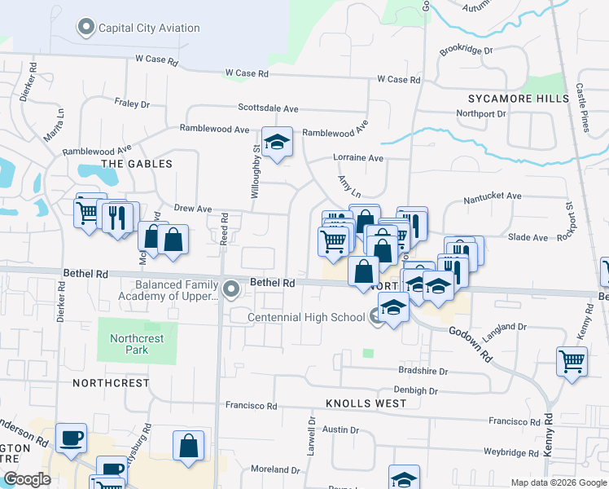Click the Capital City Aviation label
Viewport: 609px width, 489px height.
click(147, 29)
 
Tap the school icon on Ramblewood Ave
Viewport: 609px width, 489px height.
click(277, 143)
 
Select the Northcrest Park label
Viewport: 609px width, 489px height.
click(138, 344)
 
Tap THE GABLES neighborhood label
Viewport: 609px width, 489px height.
click(136, 164)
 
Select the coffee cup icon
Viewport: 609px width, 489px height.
click(72, 438)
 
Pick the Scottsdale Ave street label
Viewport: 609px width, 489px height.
click(268, 108)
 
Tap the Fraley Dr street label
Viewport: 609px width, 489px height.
click(132, 104)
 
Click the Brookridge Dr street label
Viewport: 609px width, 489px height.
click(467, 51)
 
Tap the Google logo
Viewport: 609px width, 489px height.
click(26, 479)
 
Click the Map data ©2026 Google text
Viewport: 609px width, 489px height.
click(559, 482)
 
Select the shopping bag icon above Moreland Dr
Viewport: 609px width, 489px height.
click(188, 446)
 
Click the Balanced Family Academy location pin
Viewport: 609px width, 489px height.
click(232, 289)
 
